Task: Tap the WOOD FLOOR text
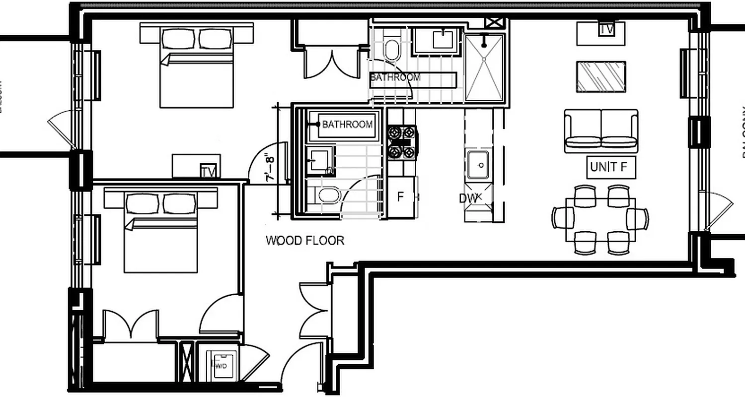pos(305,241)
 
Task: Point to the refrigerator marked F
pos(401,197)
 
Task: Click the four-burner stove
pos(402,142)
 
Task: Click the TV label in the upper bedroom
pos(210,171)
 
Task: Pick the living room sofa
pos(601,131)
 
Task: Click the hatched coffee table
pos(601,77)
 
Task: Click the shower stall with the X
pos(484,67)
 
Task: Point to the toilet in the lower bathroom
pos(327,195)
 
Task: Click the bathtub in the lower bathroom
pos(346,125)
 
